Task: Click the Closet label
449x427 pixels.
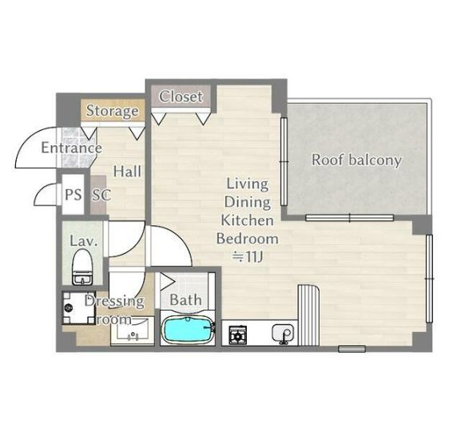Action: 181,97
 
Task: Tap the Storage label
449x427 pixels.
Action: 112,111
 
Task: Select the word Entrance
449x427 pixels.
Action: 72,148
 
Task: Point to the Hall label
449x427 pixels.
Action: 127,172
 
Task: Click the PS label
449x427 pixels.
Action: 74,195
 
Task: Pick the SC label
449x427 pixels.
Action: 101,196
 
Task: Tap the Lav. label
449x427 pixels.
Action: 84,241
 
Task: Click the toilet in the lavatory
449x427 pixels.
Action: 82,267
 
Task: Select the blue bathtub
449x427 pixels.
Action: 188,330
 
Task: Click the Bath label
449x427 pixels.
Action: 186,300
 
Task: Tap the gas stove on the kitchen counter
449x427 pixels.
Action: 238,335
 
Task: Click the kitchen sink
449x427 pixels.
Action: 282,333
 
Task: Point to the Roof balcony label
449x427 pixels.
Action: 356,160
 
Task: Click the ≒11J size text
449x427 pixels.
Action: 247,257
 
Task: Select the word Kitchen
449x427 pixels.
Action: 247,220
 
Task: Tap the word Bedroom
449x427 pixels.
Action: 248,239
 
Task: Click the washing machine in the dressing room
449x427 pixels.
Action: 78,307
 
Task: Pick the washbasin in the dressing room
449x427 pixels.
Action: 133,331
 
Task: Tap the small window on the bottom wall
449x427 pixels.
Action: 352,349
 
